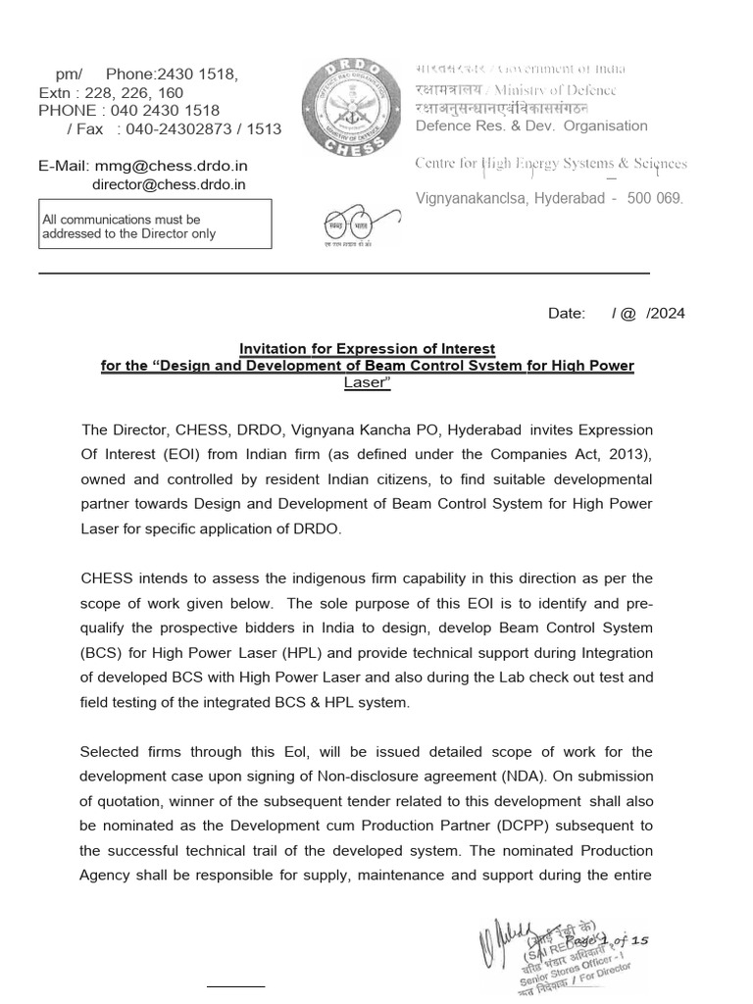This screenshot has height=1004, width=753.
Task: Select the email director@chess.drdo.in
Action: pyautogui.click(x=169, y=183)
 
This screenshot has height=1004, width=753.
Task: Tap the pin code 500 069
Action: pyautogui.click(x=655, y=198)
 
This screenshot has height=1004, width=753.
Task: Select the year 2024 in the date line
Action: pyautogui.click(x=669, y=314)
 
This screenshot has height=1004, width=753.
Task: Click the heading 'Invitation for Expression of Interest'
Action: pyautogui.click(x=368, y=349)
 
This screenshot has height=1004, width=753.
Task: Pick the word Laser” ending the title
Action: pyautogui.click(x=368, y=382)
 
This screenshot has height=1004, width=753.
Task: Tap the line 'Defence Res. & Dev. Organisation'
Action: pyautogui.click(x=531, y=125)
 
